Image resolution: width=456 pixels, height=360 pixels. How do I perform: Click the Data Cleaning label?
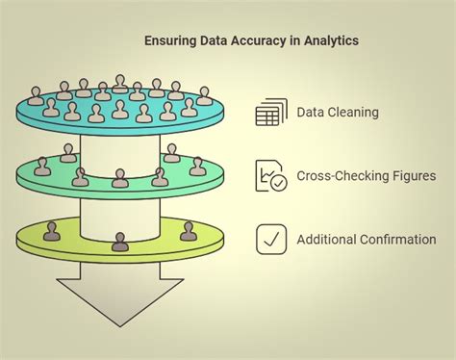[x=338, y=113]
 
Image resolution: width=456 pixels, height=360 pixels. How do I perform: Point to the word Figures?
[x=411, y=175]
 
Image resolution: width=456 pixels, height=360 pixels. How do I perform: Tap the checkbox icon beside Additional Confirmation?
[x=271, y=239]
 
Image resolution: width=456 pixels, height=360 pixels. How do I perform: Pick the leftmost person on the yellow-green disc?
[x=51, y=232]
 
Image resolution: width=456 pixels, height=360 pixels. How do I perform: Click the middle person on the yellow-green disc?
[x=119, y=242]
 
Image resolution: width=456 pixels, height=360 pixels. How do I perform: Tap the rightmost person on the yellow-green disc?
[x=189, y=232]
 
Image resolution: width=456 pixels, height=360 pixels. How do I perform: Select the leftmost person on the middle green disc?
[x=41, y=167]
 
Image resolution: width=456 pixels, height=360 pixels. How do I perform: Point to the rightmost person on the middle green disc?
[x=197, y=167]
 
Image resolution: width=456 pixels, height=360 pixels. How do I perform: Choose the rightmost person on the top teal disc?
[x=203, y=96]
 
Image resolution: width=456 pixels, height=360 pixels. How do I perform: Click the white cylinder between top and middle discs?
[x=119, y=149]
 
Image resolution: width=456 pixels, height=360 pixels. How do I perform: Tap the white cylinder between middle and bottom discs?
[x=119, y=214]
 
